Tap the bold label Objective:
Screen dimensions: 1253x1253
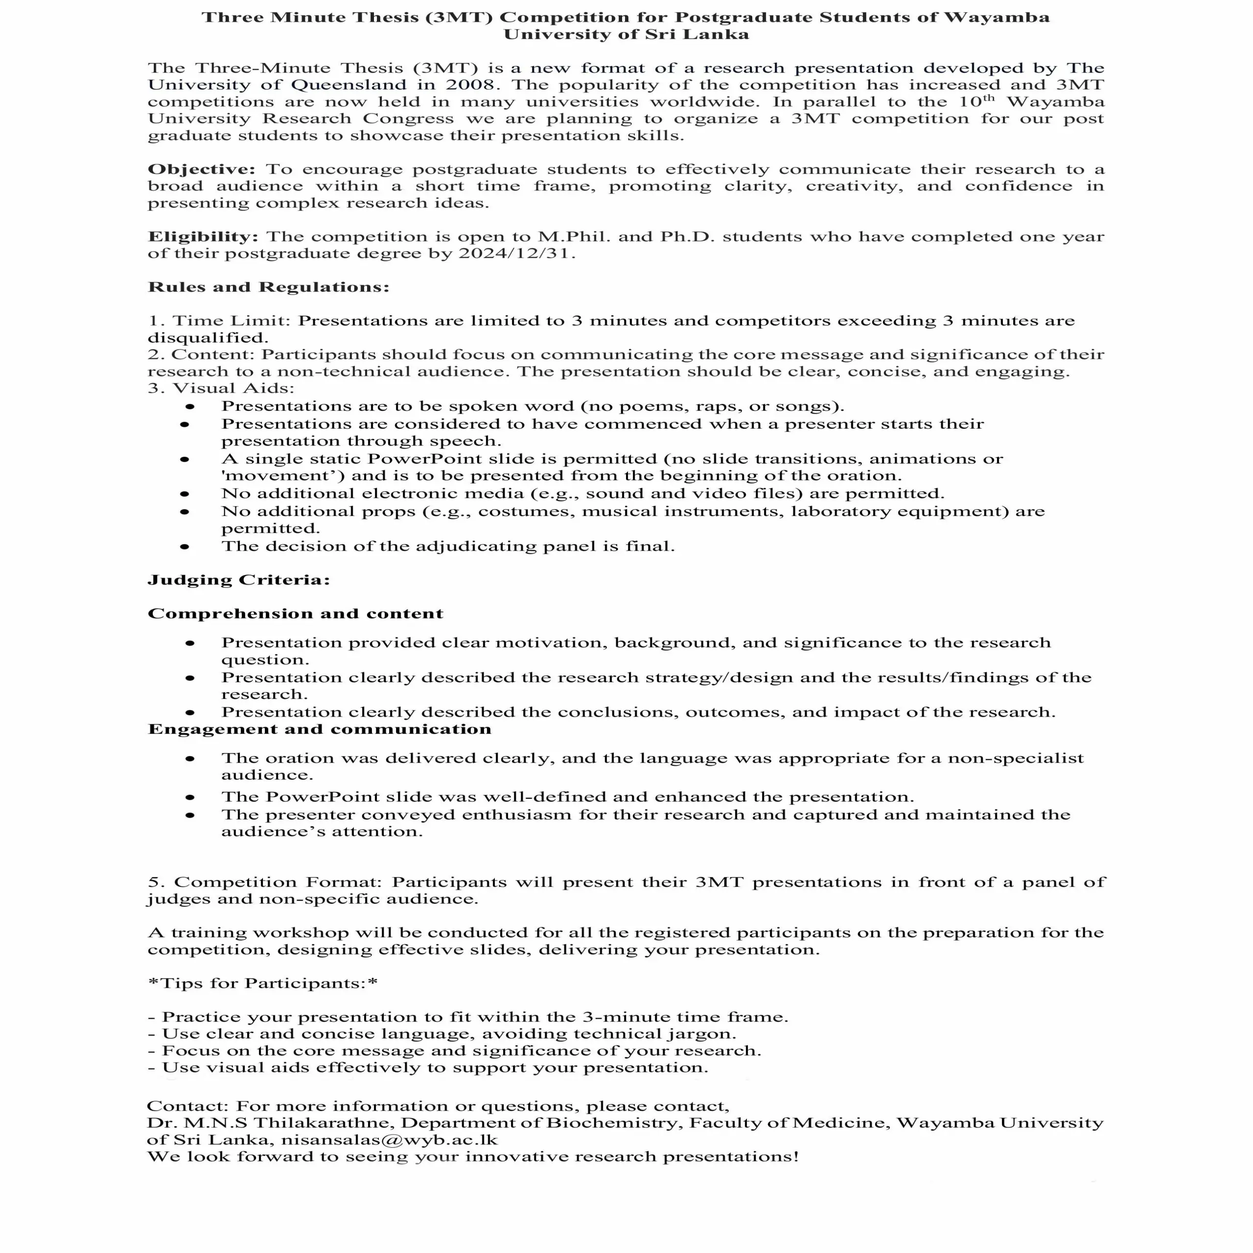coord(202,169)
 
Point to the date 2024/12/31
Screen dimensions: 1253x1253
coord(516,254)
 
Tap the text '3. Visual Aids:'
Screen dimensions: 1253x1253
coord(221,389)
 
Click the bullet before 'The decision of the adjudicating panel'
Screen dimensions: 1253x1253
coord(185,547)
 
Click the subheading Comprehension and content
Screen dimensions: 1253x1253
coord(295,613)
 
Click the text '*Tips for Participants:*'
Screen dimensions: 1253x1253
coord(263,983)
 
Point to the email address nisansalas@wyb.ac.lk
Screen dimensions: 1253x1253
coord(389,1140)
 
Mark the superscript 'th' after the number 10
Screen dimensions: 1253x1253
coord(988,98)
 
